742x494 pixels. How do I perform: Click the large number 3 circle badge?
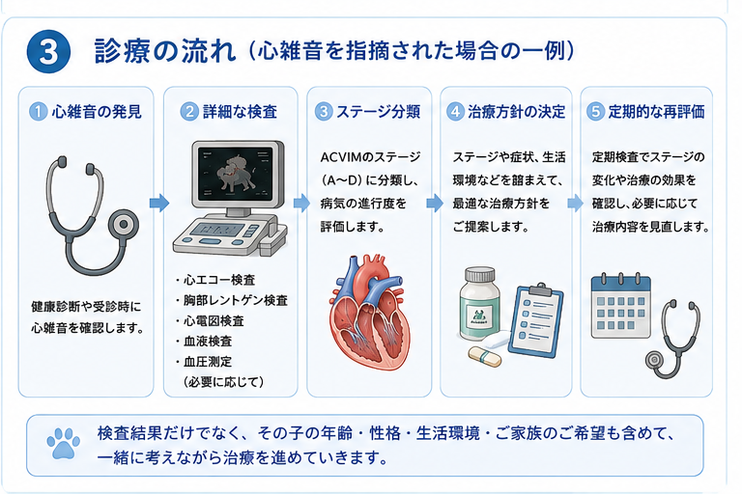48,51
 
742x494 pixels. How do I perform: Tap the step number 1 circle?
38,112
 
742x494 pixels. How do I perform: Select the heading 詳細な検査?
240,112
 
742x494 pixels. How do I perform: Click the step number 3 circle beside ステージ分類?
324,112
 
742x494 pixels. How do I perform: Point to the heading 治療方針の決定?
516,112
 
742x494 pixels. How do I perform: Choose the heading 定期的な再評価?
656,112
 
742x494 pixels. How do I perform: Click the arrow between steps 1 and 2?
159,203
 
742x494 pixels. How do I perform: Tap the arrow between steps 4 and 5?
576,203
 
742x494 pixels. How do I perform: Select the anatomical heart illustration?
369,312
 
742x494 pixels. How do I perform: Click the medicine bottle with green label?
480,303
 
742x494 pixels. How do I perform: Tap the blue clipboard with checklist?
535,320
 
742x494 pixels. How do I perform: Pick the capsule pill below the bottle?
485,356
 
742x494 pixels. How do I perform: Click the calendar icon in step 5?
621,306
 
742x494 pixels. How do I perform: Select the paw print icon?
64,444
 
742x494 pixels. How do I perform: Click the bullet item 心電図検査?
214,321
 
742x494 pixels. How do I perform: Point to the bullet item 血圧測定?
208,362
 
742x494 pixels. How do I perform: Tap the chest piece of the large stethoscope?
124,224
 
